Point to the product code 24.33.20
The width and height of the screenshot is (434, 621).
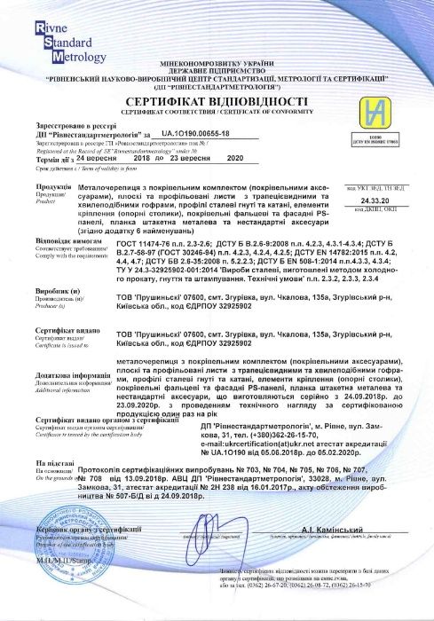tap(388, 200)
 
